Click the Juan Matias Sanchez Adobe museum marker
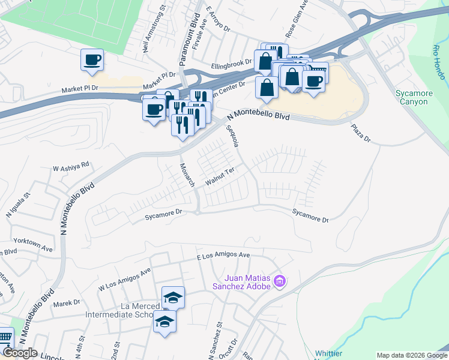coord(279,281)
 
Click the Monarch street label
coord(188,174)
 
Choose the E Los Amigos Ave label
coord(223,256)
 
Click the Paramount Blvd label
coord(188,33)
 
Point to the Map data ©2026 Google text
coord(411,355)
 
